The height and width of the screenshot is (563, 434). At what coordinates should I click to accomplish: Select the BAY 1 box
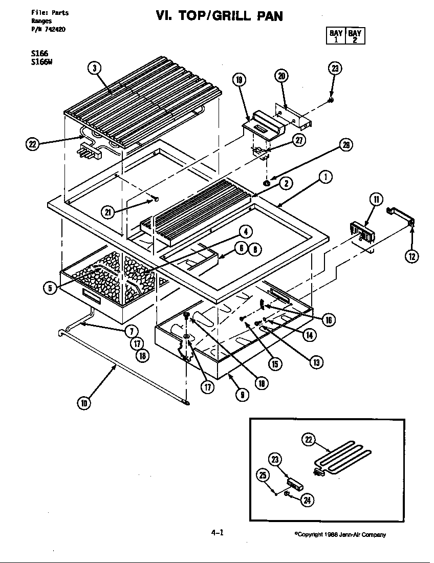click(336, 37)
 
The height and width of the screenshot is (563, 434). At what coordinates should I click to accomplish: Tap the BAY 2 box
click(355, 37)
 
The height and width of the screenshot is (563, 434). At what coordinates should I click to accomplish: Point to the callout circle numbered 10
click(84, 403)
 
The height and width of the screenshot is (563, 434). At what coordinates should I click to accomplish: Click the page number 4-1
click(217, 532)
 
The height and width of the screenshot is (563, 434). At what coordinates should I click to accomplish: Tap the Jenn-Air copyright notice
click(340, 535)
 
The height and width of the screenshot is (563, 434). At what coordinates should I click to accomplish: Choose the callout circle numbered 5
click(50, 288)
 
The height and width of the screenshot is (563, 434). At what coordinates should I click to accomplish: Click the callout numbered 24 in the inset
click(307, 500)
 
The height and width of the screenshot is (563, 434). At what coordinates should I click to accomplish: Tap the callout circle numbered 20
click(281, 76)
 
